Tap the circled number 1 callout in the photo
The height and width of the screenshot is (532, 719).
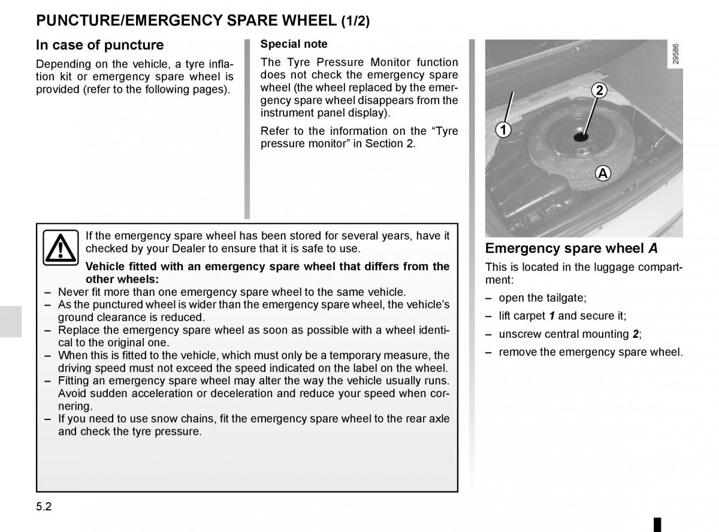click(503, 129)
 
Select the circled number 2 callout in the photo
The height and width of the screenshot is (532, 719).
click(599, 91)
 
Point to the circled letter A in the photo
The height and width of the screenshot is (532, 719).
click(603, 174)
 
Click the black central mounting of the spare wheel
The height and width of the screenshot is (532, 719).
click(581, 137)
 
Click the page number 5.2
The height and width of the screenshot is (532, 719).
click(44, 506)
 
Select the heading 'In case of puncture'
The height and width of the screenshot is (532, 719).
click(99, 45)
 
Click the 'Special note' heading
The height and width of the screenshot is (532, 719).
click(294, 44)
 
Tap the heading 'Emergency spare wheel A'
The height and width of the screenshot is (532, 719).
click(572, 249)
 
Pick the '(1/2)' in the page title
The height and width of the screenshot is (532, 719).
click(355, 22)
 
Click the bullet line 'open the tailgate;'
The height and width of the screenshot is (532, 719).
click(542, 298)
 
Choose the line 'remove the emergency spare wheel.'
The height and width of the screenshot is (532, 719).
click(590, 352)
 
